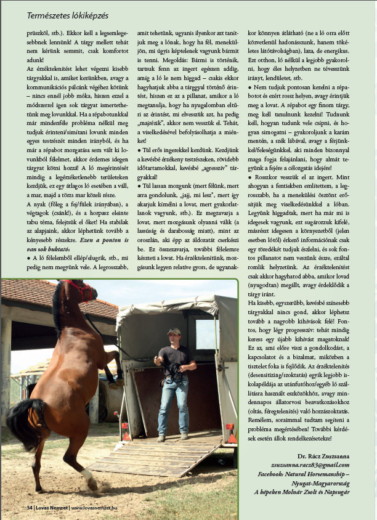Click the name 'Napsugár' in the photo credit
click(x=336, y=492)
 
